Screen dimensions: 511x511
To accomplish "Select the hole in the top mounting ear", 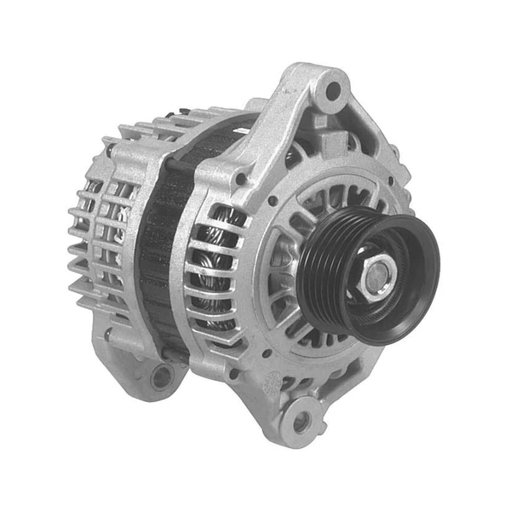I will [x=332, y=89].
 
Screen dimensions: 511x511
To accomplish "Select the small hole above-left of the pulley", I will [x=271, y=202].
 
